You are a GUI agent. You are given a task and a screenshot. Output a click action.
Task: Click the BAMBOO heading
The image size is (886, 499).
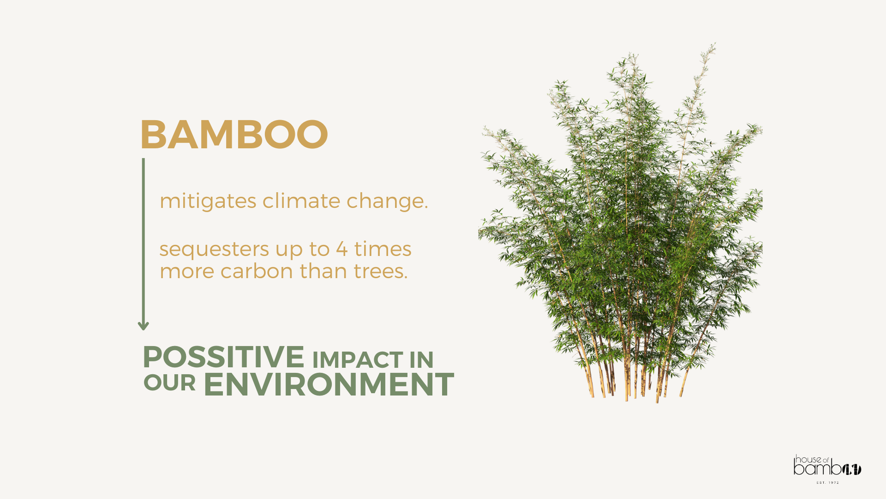[234, 134]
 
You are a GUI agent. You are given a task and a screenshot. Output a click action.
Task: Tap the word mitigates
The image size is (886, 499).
[208, 201]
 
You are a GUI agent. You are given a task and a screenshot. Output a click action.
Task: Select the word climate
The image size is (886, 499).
[302, 201]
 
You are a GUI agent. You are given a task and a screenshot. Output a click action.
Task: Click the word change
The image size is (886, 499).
[387, 201]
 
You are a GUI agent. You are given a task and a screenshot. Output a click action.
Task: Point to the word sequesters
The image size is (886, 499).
[214, 249]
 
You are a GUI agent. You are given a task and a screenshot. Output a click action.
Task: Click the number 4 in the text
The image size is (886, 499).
[342, 249]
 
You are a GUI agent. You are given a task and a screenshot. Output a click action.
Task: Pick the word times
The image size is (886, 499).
[383, 249]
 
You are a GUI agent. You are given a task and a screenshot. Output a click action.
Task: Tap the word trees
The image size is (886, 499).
[381, 271]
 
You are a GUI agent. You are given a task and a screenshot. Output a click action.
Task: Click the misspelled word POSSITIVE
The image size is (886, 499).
[223, 357]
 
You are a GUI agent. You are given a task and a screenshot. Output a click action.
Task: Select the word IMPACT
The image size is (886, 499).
[358, 360]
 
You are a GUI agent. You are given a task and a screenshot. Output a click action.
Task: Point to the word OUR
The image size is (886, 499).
[169, 383]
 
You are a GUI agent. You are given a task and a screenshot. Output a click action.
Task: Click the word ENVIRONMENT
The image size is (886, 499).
[329, 384]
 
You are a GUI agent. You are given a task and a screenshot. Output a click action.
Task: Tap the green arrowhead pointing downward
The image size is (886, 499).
[143, 325]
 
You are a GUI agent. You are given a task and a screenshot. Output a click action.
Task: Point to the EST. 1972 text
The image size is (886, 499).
[828, 483]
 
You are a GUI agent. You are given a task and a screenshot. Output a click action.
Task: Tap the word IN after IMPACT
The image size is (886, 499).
[421, 360]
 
